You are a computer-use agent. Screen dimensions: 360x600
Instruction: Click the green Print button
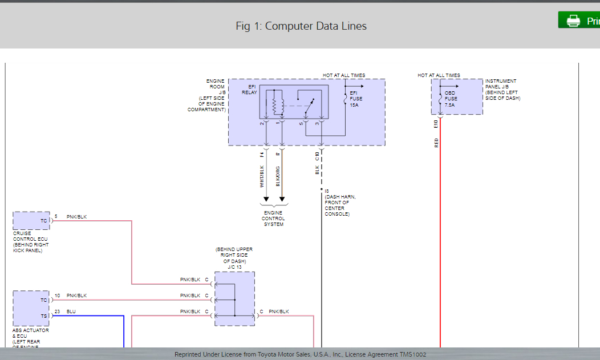[579, 21]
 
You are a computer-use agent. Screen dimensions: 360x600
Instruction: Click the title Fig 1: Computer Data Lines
[301, 26]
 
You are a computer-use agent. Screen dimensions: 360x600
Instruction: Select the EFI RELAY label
[249, 90]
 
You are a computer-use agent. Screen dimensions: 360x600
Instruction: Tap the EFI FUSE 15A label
[354, 98]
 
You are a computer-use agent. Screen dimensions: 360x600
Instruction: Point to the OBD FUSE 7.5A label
[451, 98]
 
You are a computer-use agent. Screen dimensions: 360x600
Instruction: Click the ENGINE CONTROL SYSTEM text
[273, 219]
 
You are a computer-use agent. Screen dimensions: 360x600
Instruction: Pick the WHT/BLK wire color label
[262, 176]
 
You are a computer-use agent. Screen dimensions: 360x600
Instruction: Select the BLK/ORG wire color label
[278, 176]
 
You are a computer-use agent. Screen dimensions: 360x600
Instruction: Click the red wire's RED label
[436, 143]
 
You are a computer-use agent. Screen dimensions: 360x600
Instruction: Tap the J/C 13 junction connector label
[234, 266]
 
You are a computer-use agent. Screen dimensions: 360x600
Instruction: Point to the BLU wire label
[71, 312]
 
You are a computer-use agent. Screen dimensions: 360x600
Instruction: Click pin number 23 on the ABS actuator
[57, 312]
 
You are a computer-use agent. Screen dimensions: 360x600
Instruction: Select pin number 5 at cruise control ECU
[56, 216]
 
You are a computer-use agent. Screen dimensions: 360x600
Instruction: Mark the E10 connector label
[436, 123]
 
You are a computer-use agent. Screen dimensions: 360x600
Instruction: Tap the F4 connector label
[262, 154]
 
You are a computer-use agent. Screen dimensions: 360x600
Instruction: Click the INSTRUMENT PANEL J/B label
[502, 90]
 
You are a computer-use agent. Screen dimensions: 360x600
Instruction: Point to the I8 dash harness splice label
[327, 191]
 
